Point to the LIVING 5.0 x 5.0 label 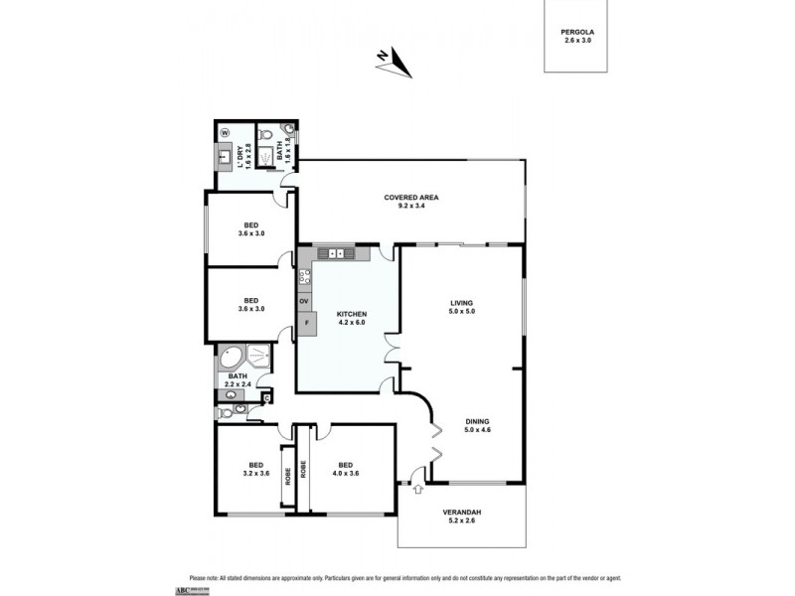point(461,307)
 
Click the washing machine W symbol point(224,132)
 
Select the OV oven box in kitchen point(304,301)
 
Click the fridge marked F point(306,322)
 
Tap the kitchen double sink point(339,253)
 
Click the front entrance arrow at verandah point(416,488)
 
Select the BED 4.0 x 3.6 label point(345,469)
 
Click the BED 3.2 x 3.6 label point(256,469)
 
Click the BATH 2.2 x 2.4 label point(238,380)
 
